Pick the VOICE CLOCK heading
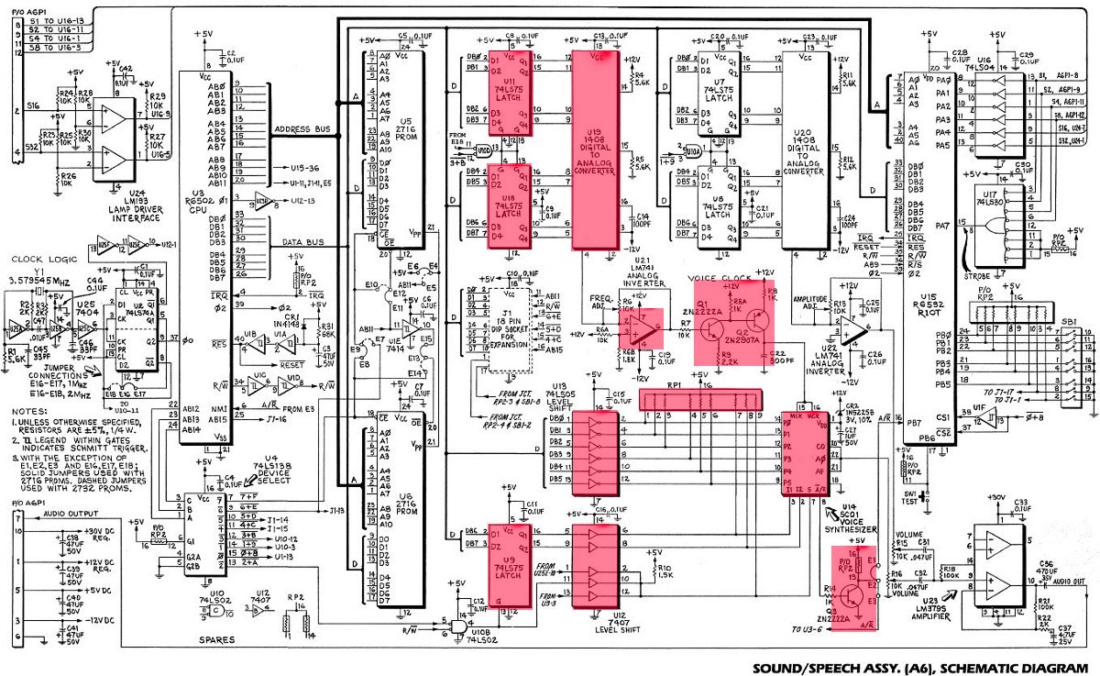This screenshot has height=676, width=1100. coord(720,277)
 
